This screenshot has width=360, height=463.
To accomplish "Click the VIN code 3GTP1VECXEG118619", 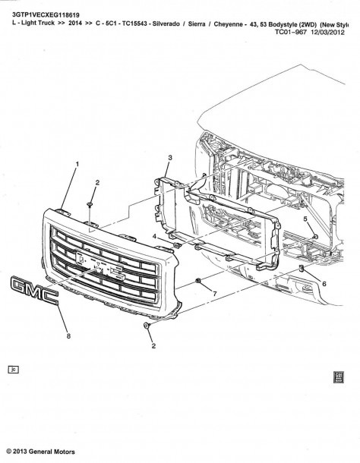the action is click(46, 14).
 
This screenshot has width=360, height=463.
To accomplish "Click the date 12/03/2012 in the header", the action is click(327, 32).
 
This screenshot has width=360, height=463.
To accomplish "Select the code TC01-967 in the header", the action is click(291, 32).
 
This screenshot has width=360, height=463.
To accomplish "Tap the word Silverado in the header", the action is click(166, 24).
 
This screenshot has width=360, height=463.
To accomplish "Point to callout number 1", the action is click(77, 164).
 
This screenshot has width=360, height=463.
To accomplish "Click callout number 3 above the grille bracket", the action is click(170, 158).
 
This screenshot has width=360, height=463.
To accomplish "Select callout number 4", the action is click(154, 236).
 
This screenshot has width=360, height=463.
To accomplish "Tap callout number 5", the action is click(305, 219).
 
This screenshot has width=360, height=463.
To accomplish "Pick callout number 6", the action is click(324, 284).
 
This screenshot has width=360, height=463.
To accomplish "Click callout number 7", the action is click(215, 294).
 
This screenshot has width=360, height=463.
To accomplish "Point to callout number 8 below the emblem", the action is click(68, 336).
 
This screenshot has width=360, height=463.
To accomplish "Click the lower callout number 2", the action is click(153, 346).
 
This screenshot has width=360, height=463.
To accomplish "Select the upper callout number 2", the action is click(97, 183).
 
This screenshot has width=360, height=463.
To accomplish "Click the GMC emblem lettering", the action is click(34, 290).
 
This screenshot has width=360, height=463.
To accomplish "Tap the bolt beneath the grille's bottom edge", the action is click(147, 326).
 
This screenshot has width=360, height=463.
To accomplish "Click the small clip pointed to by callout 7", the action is click(197, 281).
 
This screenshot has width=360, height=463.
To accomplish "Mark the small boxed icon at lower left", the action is click(14, 370).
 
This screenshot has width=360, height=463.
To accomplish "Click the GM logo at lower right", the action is click(339, 377).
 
